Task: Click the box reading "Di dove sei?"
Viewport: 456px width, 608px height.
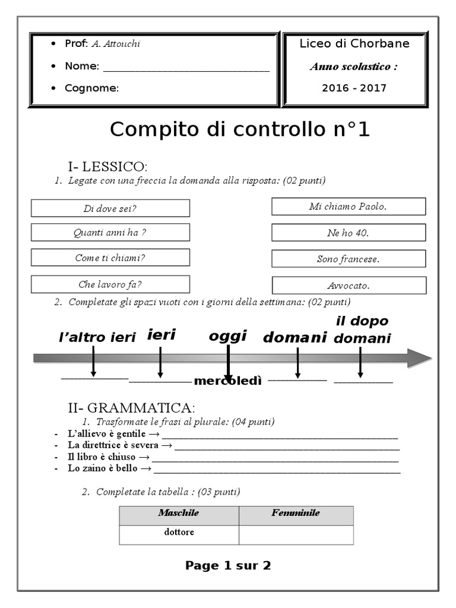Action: point(110,208)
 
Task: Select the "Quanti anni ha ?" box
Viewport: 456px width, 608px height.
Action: point(110,233)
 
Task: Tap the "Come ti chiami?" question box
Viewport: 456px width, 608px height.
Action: point(110,258)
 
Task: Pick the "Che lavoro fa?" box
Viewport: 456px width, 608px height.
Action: point(110,284)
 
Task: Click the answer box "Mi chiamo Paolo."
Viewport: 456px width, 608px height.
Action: point(349,207)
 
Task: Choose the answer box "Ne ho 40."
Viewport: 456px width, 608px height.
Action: point(349,233)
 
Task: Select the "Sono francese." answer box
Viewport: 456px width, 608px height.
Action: point(349,259)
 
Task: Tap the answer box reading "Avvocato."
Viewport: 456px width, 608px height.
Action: point(349,286)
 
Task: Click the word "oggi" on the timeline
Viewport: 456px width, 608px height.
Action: point(227,336)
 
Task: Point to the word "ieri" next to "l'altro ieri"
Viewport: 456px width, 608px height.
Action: point(161,335)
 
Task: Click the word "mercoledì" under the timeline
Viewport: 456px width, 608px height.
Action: point(227,381)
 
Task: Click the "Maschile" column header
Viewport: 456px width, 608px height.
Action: point(179,513)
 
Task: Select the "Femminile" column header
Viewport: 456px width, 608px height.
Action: point(296,513)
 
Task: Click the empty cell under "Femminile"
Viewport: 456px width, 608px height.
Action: point(296,534)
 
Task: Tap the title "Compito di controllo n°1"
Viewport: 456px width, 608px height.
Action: point(240,129)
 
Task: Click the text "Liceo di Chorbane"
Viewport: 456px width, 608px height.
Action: point(354,44)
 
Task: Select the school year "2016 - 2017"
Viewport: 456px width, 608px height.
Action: point(354,88)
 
